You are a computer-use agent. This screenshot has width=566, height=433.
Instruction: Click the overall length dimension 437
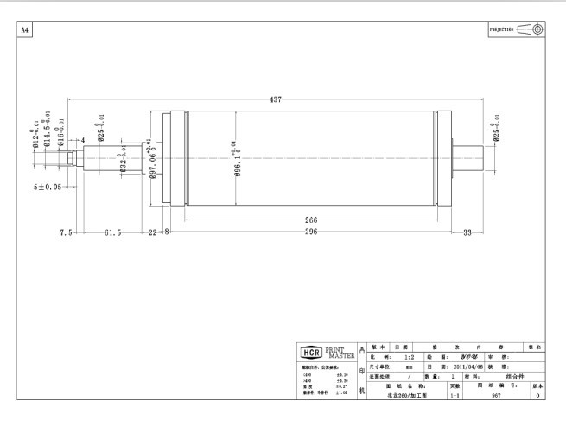pyautogui.click(x=275, y=100)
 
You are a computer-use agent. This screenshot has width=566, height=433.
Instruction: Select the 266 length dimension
pyautogui.click(x=311, y=220)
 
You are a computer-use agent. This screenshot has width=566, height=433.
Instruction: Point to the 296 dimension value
pyautogui.click(x=311, y=232)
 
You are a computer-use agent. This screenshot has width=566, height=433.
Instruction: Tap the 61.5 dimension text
pyautogui.click(x=111, y=232)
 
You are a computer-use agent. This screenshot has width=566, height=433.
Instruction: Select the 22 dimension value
pyautogui.click(x=153, y=232)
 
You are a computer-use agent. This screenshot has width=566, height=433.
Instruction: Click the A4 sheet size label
pyautogui.click(x=25, y=30)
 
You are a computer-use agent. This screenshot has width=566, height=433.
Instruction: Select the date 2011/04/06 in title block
pyautogui.click(x=451, y=366)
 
